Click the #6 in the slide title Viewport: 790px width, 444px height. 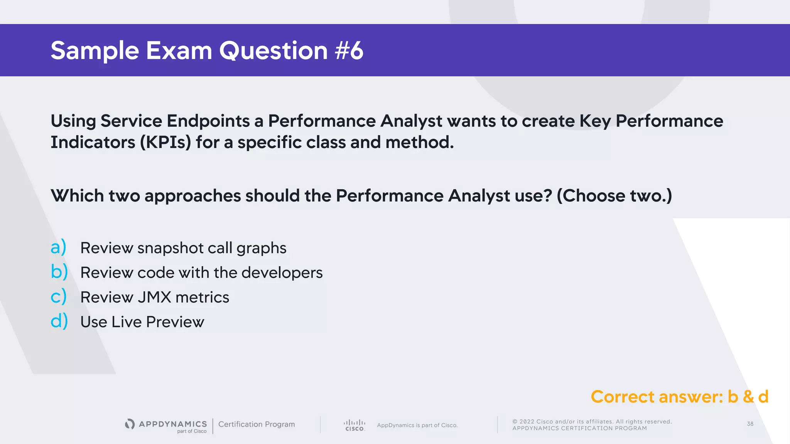coord(349,51)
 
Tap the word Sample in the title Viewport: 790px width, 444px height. coord(95,51)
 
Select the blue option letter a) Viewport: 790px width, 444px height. coord(59,247)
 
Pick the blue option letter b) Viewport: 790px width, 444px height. coord(59,272)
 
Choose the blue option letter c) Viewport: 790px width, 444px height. coord(59,296)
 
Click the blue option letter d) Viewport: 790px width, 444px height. coord(59,321)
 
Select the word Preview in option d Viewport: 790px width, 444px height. coord(175,322)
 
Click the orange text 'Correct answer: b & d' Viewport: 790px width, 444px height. coord(679,397)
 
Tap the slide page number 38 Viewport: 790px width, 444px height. coord(750,424)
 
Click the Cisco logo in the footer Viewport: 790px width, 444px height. coord(354,425)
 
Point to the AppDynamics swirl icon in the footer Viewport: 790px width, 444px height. coord(130,424)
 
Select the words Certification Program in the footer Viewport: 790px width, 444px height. coord(257,424)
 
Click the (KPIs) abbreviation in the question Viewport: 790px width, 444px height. coord(165,142)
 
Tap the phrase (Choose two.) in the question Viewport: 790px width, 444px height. coord(614,196)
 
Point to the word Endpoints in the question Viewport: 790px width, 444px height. coord(208,121)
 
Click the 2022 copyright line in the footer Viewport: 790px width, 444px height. coord(592,422)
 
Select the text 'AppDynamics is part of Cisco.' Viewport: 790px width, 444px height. coord(417,425)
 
